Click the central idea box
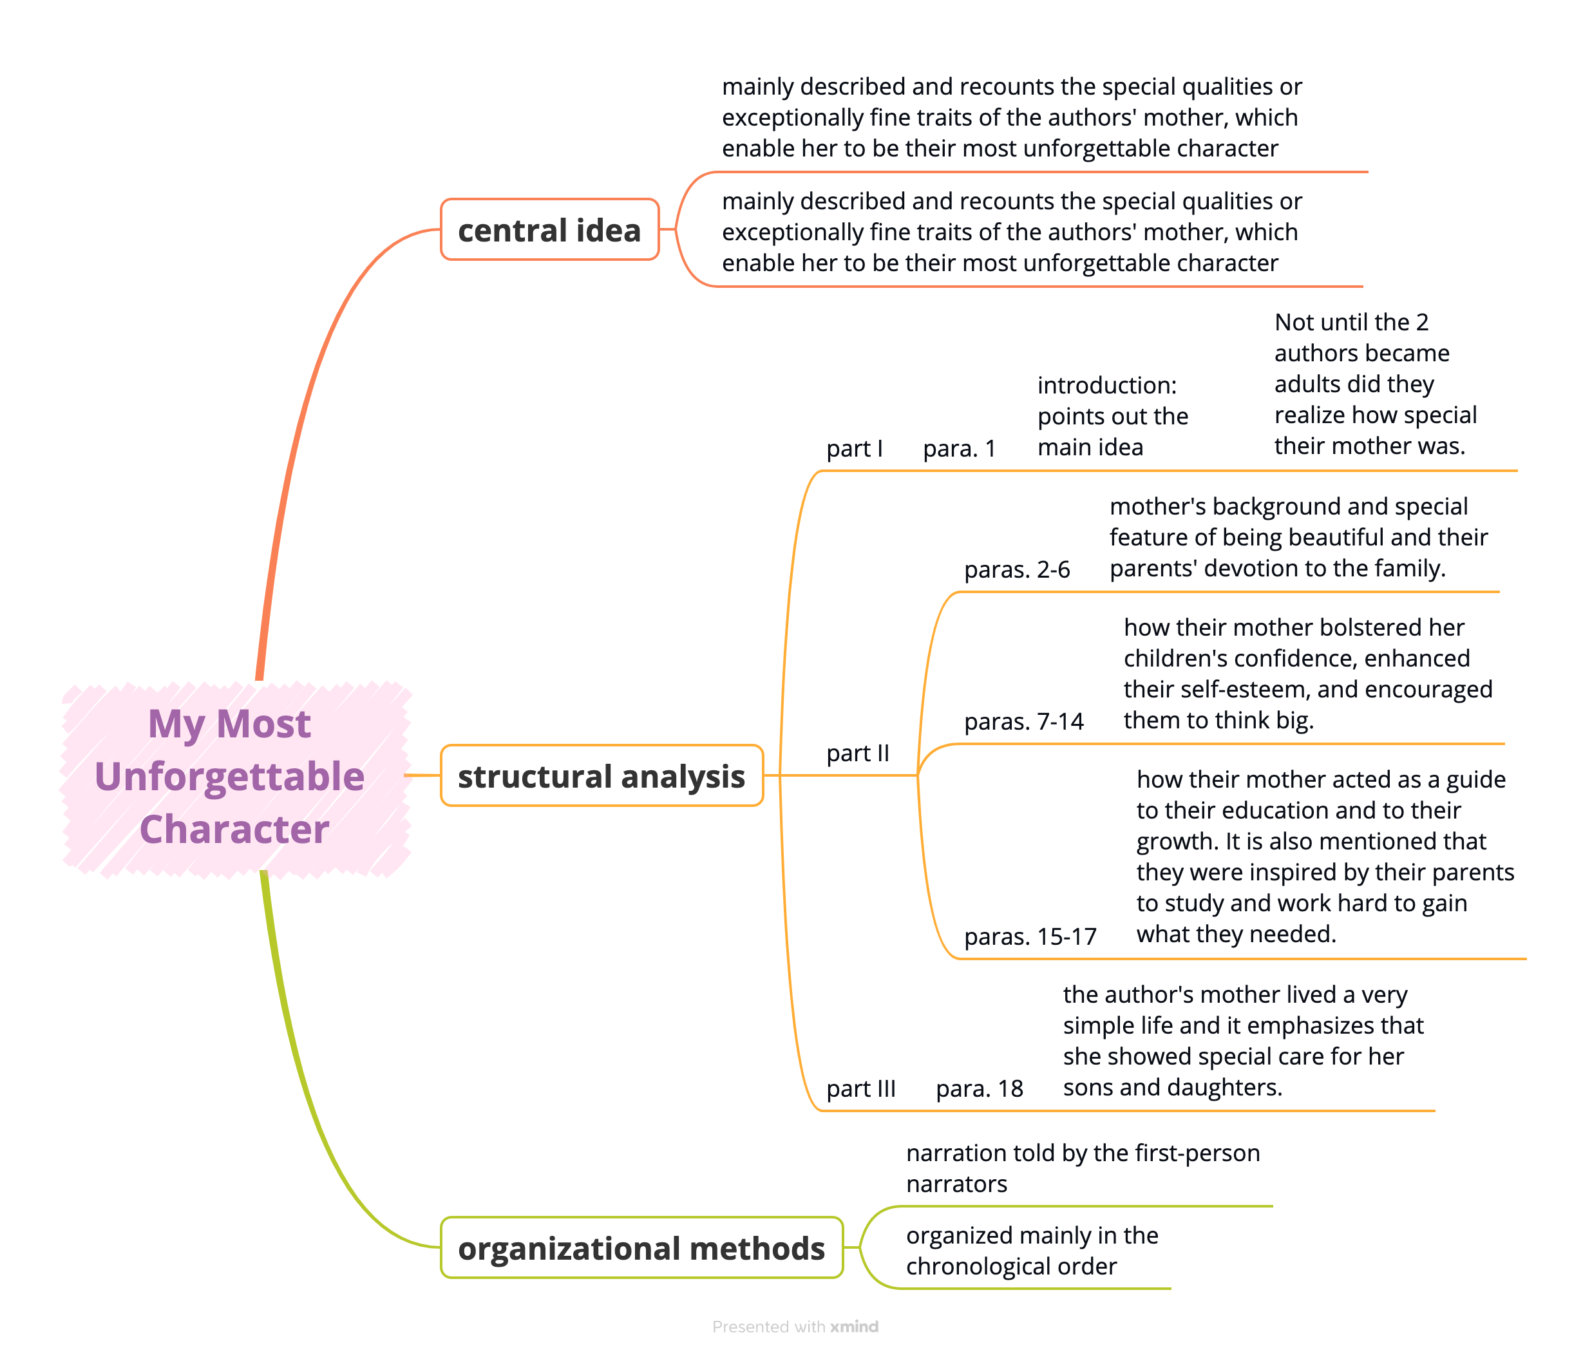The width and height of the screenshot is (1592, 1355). [549, 230]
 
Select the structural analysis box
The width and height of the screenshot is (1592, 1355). [602, 776]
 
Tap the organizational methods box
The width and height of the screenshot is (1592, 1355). [641, 1247]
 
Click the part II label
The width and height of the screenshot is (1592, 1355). [857, 753]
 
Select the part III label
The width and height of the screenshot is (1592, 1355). [860, 1088]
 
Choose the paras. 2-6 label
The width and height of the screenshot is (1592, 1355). [1016, 569]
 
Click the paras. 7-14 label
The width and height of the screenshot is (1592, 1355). [1023, 721]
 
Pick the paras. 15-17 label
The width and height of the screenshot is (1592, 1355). [1030, 936]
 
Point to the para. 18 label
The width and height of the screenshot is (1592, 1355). [979, 1088]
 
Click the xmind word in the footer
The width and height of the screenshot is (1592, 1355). [854, 1327]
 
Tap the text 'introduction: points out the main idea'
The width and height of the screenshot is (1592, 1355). [1112, 415]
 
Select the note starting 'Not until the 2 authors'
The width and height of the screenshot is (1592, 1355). [1375, 383]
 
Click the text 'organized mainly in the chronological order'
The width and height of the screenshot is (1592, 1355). [1031, 1250]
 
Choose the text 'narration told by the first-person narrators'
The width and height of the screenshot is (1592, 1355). [1082, 1168]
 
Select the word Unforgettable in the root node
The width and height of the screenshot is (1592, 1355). [229, 776]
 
